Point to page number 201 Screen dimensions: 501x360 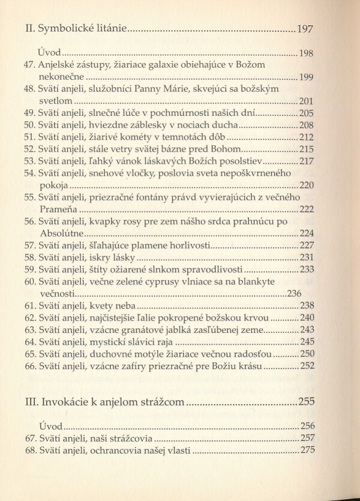(307, 101)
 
